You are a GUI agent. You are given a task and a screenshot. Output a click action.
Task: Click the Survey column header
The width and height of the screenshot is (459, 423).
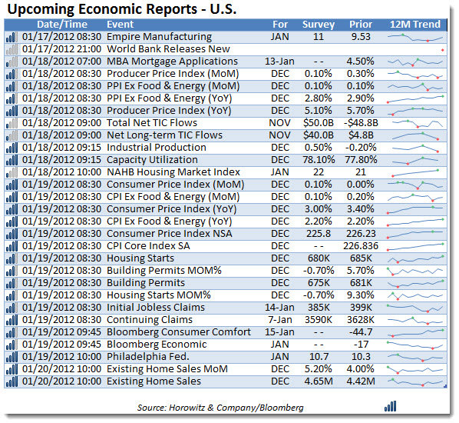(x=319, y=25)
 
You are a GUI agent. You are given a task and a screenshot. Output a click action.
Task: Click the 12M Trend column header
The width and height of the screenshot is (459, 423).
(x=414, y=25)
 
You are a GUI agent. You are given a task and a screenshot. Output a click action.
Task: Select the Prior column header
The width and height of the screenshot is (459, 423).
(x=361, y=25)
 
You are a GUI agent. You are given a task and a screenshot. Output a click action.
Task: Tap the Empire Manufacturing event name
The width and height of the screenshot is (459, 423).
(x=159, y=37)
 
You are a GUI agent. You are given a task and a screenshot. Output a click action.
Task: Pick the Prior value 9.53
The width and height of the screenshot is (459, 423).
(x=361, y=37)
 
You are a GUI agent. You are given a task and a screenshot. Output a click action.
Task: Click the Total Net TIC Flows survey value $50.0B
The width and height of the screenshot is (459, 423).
(x=319, y=122)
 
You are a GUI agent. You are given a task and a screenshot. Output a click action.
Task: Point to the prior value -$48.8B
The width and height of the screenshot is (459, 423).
(x=361, y=122)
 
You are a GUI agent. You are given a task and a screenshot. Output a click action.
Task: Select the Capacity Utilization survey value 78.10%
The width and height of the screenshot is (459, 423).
(x=319, y=159)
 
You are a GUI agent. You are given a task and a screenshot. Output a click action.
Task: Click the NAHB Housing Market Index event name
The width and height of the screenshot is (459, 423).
(x=173, y=172)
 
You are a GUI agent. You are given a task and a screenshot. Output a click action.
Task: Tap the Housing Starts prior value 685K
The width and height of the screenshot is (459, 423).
(x=361, y=258)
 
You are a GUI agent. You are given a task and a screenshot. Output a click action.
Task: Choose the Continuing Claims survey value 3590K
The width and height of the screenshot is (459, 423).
(x=319, y=320)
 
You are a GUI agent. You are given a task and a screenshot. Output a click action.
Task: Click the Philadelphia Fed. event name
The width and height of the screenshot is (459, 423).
(x=148, y=357)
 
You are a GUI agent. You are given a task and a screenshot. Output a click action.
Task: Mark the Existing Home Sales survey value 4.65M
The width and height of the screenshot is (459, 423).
(x=319, y=381)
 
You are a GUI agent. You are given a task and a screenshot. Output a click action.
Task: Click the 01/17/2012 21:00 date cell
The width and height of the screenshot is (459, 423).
(x=61, y=49)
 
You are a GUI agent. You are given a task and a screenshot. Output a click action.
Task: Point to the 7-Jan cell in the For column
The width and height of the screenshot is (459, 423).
(x=280, y=320)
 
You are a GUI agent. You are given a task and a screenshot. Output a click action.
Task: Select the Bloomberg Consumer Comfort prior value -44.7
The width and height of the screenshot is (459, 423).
(x=361, y=332)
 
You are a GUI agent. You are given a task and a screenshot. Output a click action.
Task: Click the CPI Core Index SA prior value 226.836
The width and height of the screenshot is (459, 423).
(x=361, y=246)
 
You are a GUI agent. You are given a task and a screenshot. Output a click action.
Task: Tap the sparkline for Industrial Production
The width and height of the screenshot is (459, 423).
(x=415, y=148)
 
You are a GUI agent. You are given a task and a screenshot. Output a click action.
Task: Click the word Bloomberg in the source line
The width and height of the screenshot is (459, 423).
(x=282, y=408)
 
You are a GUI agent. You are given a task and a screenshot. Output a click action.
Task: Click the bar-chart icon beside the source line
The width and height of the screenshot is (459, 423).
(x=390, y=407)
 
